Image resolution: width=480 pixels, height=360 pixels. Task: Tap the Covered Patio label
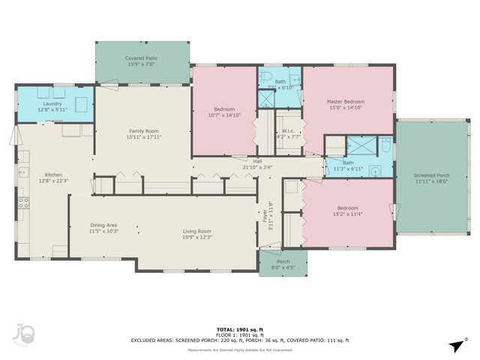click(x=141, y=58)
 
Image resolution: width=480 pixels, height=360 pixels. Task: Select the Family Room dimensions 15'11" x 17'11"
click(x=144, y=137)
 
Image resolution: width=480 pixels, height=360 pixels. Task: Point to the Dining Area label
click(x=103, y=225)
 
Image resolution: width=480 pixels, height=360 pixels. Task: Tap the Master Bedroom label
click(x=345, y=101)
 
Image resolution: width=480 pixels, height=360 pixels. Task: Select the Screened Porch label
click(x=432, y=175)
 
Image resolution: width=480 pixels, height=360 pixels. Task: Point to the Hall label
click(x=257, y=161)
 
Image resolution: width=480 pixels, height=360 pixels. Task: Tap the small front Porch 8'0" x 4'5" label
click(x=277, y=262)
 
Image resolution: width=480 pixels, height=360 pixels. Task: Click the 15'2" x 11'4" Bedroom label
click(x=346, y=208)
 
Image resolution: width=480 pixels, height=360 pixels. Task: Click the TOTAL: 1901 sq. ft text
click(x=239, y=329)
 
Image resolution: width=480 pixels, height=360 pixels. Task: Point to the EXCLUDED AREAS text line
click(x=239, y=340)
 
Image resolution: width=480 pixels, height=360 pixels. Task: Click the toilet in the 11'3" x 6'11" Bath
click(x=385, y=146)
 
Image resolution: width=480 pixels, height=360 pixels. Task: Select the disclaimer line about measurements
click(x=239, y=349)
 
